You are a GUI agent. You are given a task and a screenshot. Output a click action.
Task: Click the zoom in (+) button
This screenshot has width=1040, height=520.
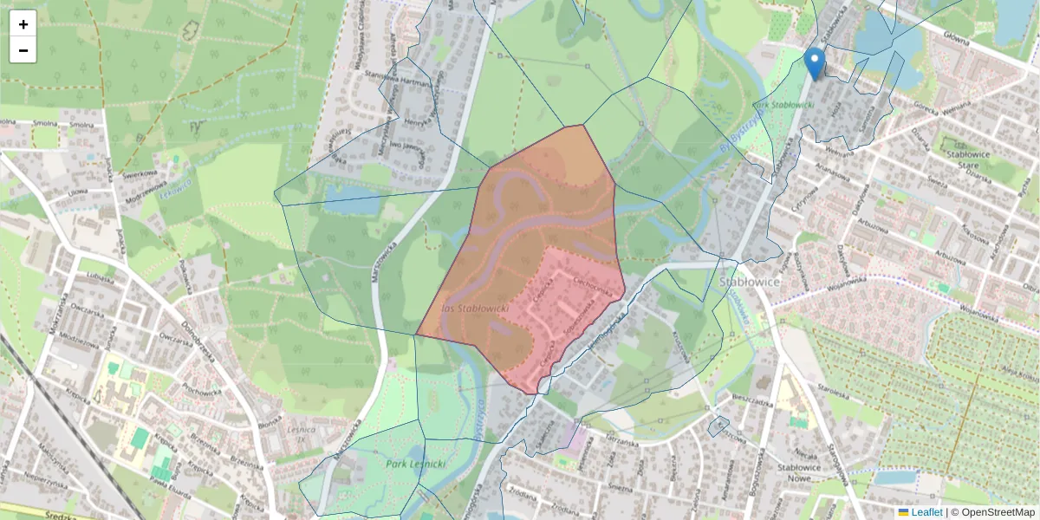pyautogui.click(x=23, y=24)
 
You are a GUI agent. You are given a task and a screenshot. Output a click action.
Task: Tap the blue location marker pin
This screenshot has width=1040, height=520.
pyautogui.click(x=814, y=62)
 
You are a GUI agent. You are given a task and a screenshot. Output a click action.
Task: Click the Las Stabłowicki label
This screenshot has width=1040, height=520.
pyautogui.click(x=475, y=309)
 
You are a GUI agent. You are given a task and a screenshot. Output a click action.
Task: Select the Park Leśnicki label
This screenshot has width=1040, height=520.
pyautogui.click(x=416, y=465)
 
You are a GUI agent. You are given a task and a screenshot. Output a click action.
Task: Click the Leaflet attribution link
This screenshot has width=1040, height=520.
pyautogui.click(x=926, y=512)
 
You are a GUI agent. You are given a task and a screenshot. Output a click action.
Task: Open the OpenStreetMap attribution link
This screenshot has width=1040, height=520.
pyautogui.click(x=998, y=512)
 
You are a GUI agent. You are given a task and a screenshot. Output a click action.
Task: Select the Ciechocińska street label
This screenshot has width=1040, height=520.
pyautogui.click(x=598, y=289)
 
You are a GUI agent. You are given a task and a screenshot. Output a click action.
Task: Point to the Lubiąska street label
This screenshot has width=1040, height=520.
pyautogui.click(x=101, y=277)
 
